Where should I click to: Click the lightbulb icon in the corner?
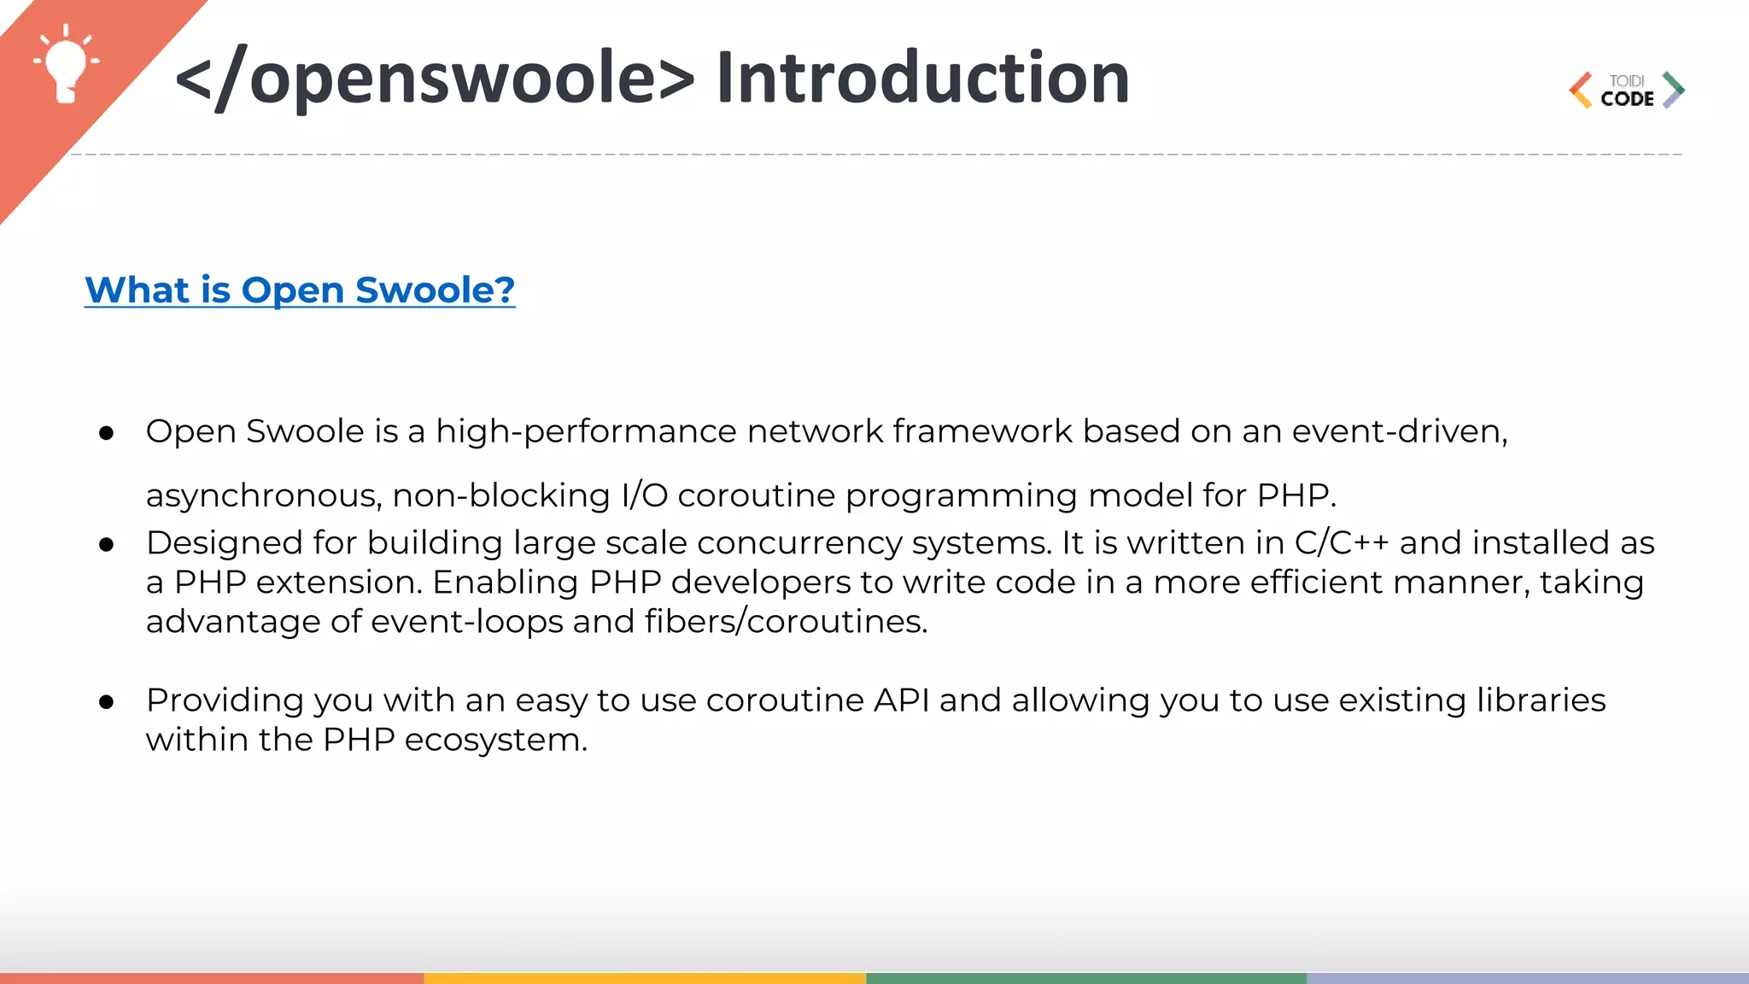tap(65, 65)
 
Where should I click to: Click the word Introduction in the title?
tap(923, 79)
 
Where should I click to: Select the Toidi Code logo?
tap(1627, 91)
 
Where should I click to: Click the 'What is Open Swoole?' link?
tap(300, 290)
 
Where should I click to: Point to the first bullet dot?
tap(107, 434)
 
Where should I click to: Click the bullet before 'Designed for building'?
tap(107, 545)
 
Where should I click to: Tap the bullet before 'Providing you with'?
tap(107, 702)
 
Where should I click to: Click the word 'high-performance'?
tap(586, 432)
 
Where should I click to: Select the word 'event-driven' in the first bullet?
tap(1397, 431)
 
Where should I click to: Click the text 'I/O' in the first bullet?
tap(644, 495)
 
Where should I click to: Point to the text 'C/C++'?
tap(1342, 543)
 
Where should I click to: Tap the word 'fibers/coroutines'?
tap(785, 622)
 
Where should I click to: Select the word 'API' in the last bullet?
tap(901, 700)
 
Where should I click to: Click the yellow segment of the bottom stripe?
tap(645, 978)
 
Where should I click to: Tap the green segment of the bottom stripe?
tap(1085, 978)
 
